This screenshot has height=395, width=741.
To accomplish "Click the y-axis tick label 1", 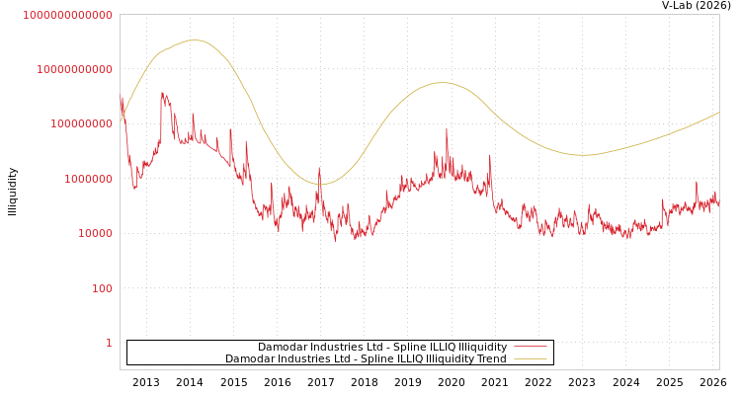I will tap(109, 343).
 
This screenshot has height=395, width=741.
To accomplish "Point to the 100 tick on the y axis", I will tap(103, 288).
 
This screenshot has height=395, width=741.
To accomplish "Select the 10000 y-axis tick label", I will tap(96, 234).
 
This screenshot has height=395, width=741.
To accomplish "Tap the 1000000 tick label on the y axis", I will tap(89, 179).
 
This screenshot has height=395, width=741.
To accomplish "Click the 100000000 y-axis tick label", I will tap(82, 124).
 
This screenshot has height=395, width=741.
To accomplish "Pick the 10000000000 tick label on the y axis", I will tap(75, 69).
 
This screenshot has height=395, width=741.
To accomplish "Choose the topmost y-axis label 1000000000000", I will tap(68, 15).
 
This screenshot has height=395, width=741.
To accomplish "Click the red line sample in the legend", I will tap(531, 348).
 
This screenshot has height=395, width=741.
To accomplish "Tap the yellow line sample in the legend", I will tap(531, 359).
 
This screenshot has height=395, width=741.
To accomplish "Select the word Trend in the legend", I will tap(491, 359).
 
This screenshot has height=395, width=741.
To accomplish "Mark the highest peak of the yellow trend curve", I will tap(195, 40).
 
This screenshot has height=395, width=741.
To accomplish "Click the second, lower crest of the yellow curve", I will tap(442, 83).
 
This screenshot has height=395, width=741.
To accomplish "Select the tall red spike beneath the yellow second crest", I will tap(446, 128).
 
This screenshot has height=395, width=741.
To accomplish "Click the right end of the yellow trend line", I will tap(718, 113).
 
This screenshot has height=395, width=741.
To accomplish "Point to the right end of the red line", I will tap(718, 203).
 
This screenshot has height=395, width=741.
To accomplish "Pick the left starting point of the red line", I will tap(121, 99).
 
